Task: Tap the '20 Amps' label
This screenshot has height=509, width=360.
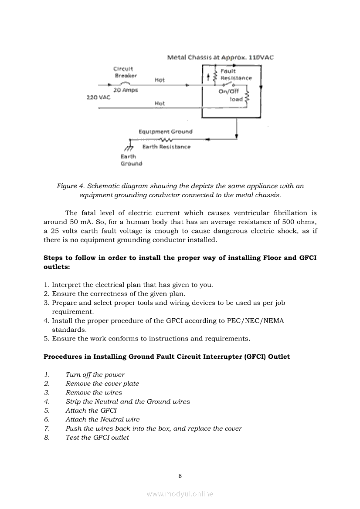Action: pos(126,90)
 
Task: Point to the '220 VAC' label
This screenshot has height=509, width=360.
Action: pos(98,97)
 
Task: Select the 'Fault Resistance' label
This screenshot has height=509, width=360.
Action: pos(236,74)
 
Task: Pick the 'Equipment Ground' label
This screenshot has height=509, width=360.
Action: pos(165,131)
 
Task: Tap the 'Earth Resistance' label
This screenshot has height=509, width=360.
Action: pos(166,147)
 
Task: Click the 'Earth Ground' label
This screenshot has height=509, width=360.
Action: pos(131,160)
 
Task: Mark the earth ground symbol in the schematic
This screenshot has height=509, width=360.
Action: pos(129,145)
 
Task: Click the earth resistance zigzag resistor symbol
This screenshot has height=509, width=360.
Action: pos(166,140)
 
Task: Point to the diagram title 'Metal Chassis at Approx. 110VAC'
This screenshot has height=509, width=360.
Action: pos(221,57)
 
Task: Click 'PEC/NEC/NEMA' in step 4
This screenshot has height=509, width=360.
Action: pos(255,321)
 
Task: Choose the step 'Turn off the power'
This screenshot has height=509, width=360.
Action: pos(95,374)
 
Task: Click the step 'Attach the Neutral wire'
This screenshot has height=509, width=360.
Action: pos(102,419)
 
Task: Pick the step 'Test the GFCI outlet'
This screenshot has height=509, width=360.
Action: pos(97,438)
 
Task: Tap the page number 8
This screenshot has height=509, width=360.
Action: pos(180,476)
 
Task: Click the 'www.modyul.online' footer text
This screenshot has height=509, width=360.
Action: pos(180,494)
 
